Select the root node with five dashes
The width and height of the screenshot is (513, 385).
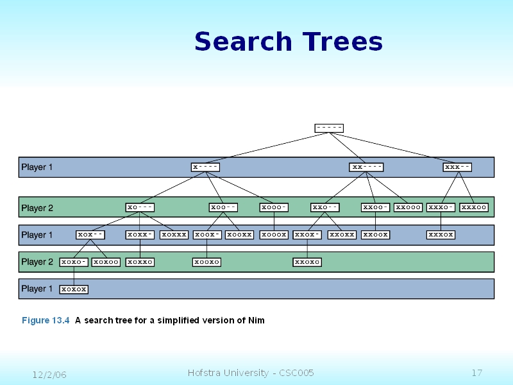[329, 128]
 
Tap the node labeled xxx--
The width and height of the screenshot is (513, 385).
[458, 167]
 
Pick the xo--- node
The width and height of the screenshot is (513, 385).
[140, 207]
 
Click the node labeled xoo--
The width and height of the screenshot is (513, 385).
[224, 207]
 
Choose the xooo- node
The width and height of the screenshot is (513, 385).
[274, 207]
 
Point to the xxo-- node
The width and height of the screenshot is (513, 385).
[324, 207]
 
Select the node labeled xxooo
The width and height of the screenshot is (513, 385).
[408, 207]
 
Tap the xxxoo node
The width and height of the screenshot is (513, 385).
[474, 207]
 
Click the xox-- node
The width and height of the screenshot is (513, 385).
[90, 235]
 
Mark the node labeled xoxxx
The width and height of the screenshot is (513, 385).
[174, 235]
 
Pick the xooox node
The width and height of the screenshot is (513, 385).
[274, 235]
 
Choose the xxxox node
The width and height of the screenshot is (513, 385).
[441, 235]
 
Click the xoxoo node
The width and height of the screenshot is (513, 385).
[106, 262]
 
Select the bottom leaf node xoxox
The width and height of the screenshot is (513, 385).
[74, 289]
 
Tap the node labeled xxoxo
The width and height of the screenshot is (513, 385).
[307, 262]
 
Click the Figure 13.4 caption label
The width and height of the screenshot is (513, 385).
[46, 320]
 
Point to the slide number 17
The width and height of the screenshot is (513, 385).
[476, 373]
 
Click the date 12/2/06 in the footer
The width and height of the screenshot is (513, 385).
[50, 374]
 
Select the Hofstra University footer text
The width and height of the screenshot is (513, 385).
[251, 373]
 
